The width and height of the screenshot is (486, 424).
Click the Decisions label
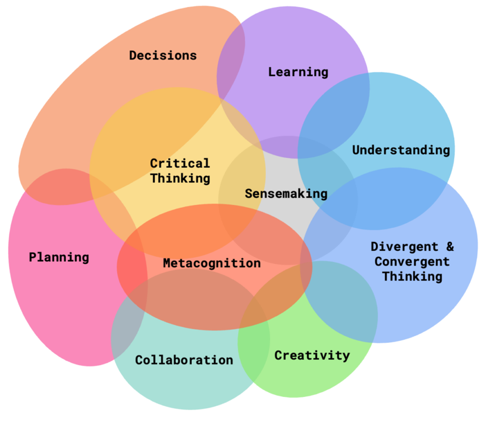[163, 55]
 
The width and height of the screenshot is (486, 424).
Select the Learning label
[298, 72]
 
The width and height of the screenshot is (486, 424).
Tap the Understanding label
[401, 150]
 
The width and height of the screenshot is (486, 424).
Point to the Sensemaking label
[286, 193]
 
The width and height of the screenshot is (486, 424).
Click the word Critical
[179, 163]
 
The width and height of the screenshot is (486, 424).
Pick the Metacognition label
[211, 263]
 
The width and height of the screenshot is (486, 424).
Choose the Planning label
[59, 257]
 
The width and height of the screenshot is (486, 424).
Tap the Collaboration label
[184, 359]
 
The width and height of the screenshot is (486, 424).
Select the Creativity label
[312, 355]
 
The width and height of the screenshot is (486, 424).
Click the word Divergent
[405, 246]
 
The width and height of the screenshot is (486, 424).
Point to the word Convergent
[412, 261]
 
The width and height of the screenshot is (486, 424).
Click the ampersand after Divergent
[450, 246]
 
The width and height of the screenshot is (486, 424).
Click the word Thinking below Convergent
[412, 276]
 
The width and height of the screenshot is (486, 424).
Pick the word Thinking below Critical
[179, 178]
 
